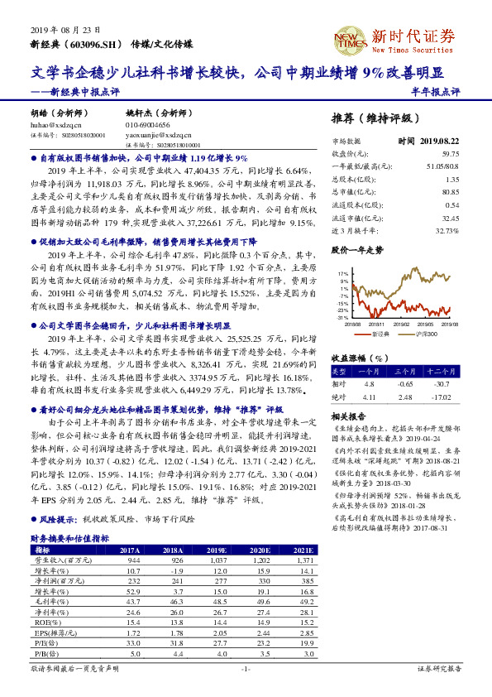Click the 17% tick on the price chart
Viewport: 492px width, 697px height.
tap(342, 272)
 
